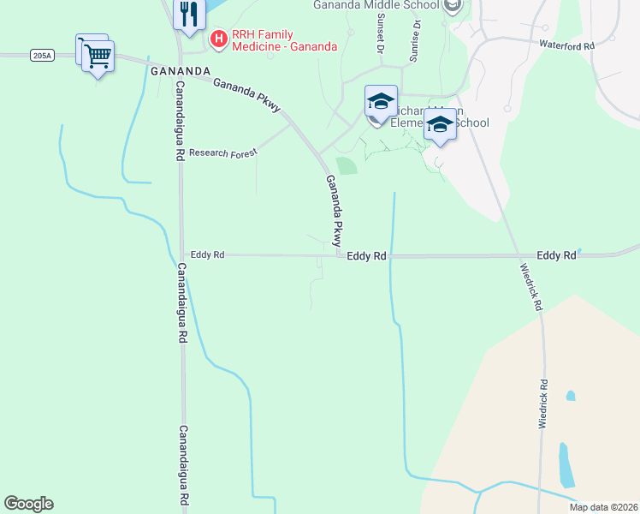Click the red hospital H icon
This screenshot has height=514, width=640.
coord(218,39)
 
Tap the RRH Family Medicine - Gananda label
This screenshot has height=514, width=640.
coord(284,39)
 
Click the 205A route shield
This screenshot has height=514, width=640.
coord(41,55)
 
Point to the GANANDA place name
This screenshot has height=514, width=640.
coord(180,70)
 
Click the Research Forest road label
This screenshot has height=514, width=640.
coord(222,152)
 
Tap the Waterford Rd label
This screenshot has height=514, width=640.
coord(566,45)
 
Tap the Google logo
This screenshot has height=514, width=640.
coord(28,504)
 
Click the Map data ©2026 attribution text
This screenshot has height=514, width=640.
coord(603,507)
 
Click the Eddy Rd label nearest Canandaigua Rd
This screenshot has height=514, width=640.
coord(207,254)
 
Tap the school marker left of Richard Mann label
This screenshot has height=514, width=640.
coord(381,103)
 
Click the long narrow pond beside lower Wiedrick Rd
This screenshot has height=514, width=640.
coord(565,464)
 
